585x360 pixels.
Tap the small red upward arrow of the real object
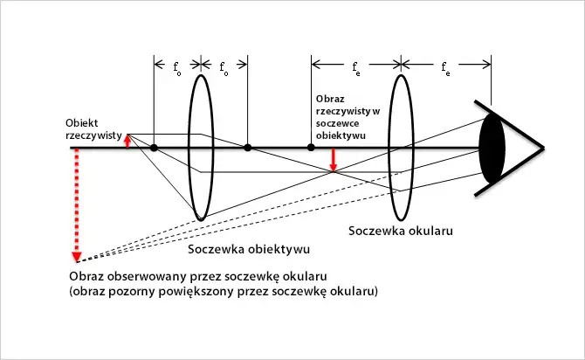pos(127,140)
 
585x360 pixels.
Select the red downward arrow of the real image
pos(333,160)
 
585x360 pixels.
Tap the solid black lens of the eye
pos(492,148)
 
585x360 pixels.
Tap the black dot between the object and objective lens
pos(154,148)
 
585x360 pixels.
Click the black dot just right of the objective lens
pos(248,148)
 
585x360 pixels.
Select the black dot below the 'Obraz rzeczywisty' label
pos(311,148)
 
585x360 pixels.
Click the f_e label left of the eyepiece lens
pos(355,66)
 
